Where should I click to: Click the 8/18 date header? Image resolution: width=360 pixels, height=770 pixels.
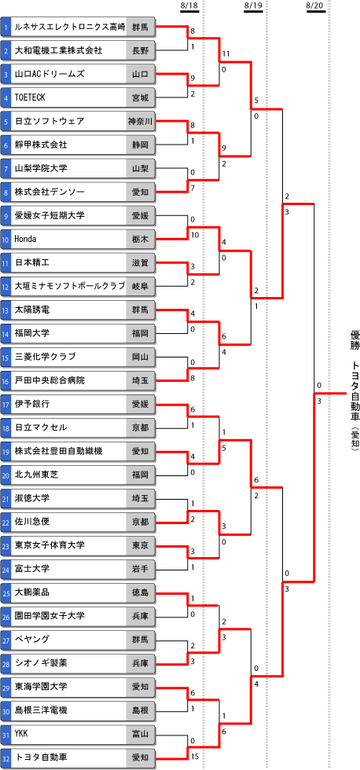[189, 5]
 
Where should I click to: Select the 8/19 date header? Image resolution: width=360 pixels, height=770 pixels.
[252, 5]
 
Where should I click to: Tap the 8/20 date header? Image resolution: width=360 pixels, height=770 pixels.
[315, 5]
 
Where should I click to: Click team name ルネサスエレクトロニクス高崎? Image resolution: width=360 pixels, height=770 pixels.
[69, 27]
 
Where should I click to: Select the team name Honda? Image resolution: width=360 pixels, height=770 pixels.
[24, 239]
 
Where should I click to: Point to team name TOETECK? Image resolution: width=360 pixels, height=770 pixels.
[30, 97]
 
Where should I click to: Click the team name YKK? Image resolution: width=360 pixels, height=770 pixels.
[21, 734]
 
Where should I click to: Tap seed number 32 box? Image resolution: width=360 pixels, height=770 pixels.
[6, 757]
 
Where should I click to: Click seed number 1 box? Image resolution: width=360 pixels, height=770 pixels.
[6, 27]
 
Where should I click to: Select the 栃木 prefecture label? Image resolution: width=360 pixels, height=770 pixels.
[141, 239]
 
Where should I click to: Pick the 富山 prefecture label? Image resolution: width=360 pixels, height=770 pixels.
[141, 734]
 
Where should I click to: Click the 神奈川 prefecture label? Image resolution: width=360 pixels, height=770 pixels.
[141, 121]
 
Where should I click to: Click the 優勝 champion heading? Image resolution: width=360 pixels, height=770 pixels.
[354, 339]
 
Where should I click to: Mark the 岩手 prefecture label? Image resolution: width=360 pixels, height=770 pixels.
[141, 569]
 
